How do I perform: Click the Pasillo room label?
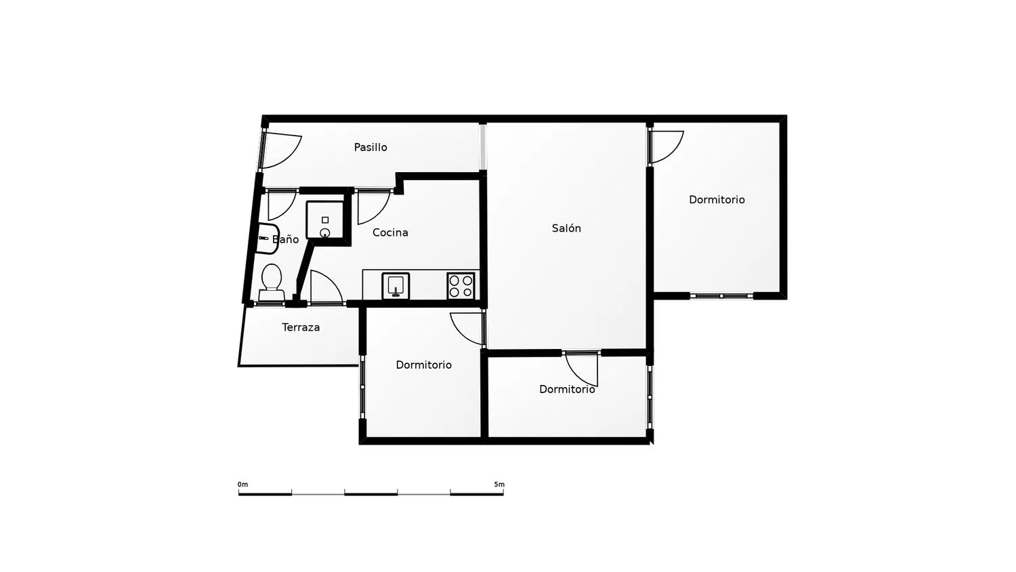[371, 147]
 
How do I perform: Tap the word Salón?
[566, 228]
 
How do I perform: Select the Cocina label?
[390, 232]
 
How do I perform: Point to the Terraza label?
[301, 327]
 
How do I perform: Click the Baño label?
[285, 239]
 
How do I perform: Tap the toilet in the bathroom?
[272, 283]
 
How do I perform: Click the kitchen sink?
[396, 286]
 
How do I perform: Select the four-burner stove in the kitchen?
[461, 286]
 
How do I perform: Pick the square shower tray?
[324, 220]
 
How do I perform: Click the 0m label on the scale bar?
[242, 485]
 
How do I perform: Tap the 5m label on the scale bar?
[499, 485]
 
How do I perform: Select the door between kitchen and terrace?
[326, 287]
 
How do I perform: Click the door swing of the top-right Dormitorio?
[666, 146]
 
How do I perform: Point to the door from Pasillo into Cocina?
[374, 207]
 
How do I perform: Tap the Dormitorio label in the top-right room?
[717, 199]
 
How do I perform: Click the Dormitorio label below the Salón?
[567, 389]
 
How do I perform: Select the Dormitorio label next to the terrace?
[423, 365]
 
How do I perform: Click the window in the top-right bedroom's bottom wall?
[721, 296]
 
